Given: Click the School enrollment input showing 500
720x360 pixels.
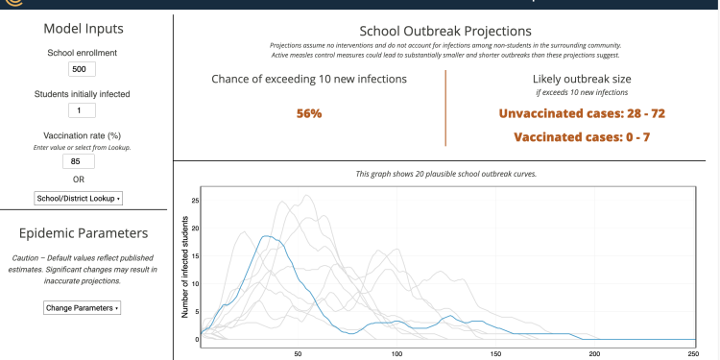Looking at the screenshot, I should pos(83,69).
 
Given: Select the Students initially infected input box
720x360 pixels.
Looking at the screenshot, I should pos(83,111).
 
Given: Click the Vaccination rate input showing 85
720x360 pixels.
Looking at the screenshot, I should pos(83,161).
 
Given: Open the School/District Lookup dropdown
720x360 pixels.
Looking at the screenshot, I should pos(79,198).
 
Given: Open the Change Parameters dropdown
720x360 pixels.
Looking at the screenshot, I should pos(83,308).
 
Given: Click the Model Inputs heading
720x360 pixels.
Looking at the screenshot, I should pos(83,29).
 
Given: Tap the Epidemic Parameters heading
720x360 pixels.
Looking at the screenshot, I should pos(83,233).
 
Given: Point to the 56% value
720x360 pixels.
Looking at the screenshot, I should pos(309,113).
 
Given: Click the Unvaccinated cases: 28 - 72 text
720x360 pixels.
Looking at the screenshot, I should pos(582,113).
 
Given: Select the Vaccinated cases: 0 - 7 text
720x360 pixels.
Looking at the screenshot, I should pos(582,137).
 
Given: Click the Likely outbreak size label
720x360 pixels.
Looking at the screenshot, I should pos(582,79).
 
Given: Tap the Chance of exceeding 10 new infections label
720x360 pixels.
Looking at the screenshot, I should pos(309,79).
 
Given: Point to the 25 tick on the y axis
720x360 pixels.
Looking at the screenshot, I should pos(196,201).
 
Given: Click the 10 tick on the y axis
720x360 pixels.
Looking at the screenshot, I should pos(196,283).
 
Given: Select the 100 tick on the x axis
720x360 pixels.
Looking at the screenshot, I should pos(396,353).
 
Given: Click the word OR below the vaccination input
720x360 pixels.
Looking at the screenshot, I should pos(83,180).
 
